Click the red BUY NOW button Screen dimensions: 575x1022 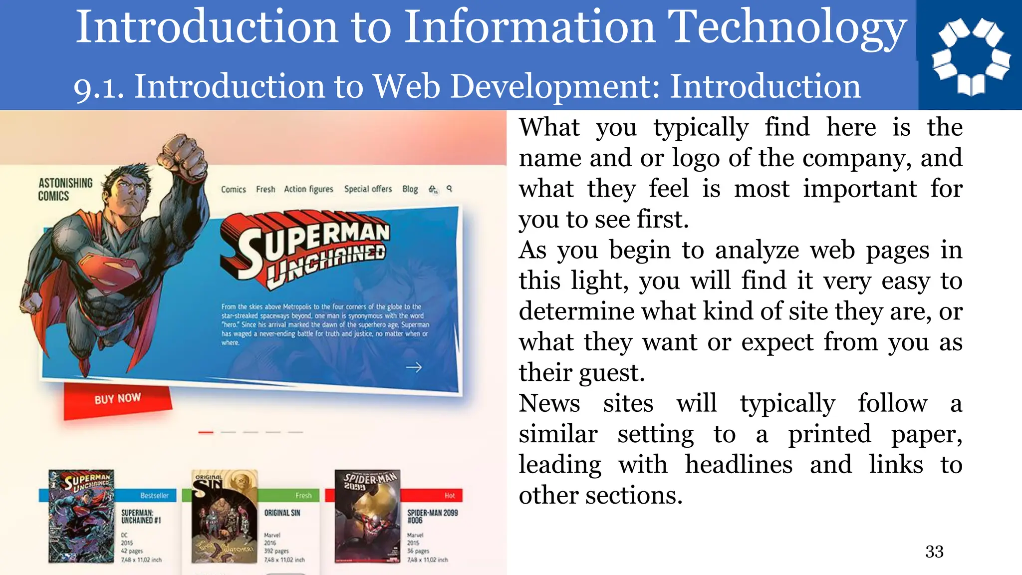pyautogui.click(x=118, y=399)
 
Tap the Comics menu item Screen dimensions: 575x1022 pyautogui.click(x=233, y=190)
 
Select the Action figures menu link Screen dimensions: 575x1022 pyautogui.click(x=308, y=189)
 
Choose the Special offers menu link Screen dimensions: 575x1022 pyautogui.click(x=368, y=189)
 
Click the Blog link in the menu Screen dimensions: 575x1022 pyautogui.click(x=410, y=189)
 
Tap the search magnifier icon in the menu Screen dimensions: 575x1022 pyautogui.click(x=449, y=188)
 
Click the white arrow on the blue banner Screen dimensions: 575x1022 pyautogui.click(x=414, y=367)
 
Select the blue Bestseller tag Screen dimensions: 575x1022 pyautogui.click(x=154, y=496)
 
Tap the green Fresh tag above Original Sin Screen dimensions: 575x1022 pyautogui.click(x=303, y=496)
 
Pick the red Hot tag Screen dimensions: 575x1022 pyautogui.click(x=449, y=496)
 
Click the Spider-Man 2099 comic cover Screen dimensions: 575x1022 pyautogui.click(x=368, y=516)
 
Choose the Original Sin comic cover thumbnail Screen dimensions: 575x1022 pyautogui.click(x=225, y=516)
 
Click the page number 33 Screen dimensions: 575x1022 pyautogui.click(x=934, y=552)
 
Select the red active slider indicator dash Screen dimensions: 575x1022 pyautogui.click(x=206, y=432)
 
